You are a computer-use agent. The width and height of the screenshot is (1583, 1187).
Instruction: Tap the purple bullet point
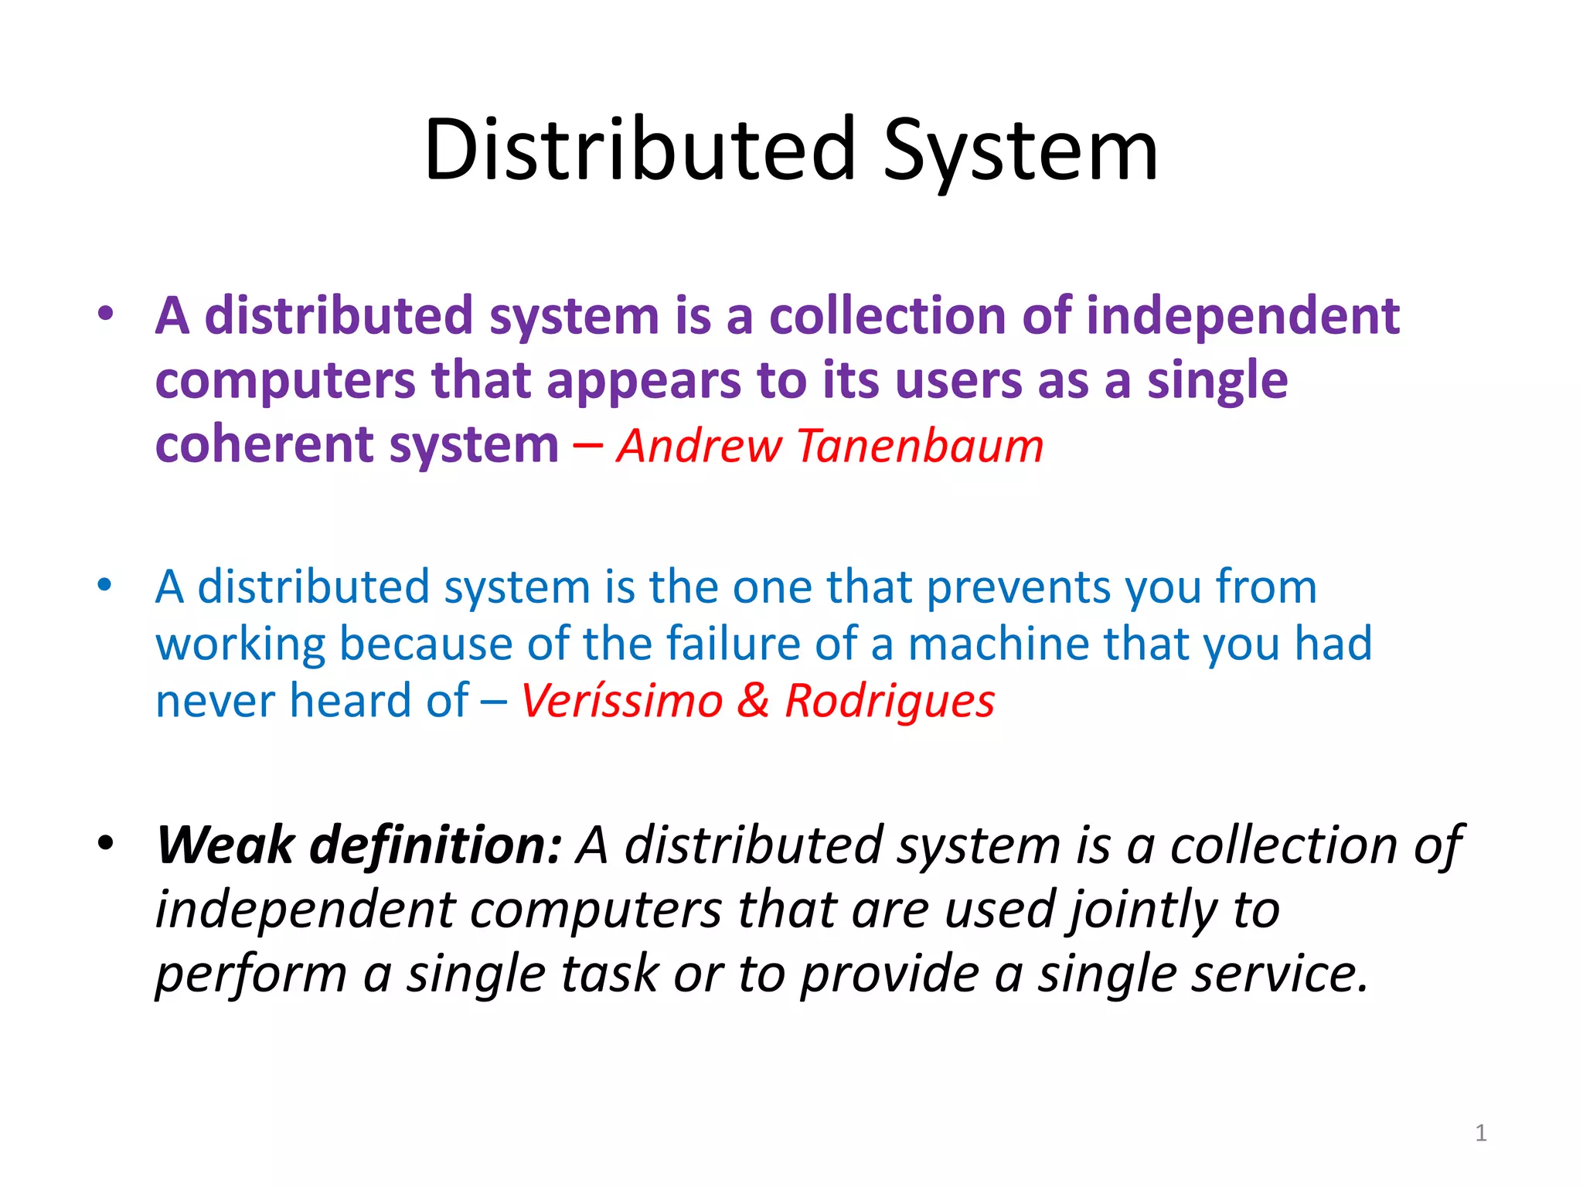[106, 314]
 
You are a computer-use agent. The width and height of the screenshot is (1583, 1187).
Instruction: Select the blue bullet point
[106, 584]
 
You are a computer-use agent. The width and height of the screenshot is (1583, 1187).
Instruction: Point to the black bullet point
[106, 842]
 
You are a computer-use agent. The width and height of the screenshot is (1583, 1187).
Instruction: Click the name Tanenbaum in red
[920, 446]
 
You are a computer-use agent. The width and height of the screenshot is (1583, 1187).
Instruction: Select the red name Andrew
[700, 446]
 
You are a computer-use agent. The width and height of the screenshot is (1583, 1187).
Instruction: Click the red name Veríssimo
[621, 701]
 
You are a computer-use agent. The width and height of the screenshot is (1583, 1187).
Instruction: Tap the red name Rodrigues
[890, 701]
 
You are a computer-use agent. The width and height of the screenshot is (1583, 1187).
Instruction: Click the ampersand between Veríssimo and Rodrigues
[753, 701]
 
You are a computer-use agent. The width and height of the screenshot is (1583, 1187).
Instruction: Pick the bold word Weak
[225, 844]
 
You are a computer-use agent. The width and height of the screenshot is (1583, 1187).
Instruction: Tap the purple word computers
[285, 382]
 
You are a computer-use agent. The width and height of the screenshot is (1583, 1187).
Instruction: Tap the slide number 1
[1480, 1133]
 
